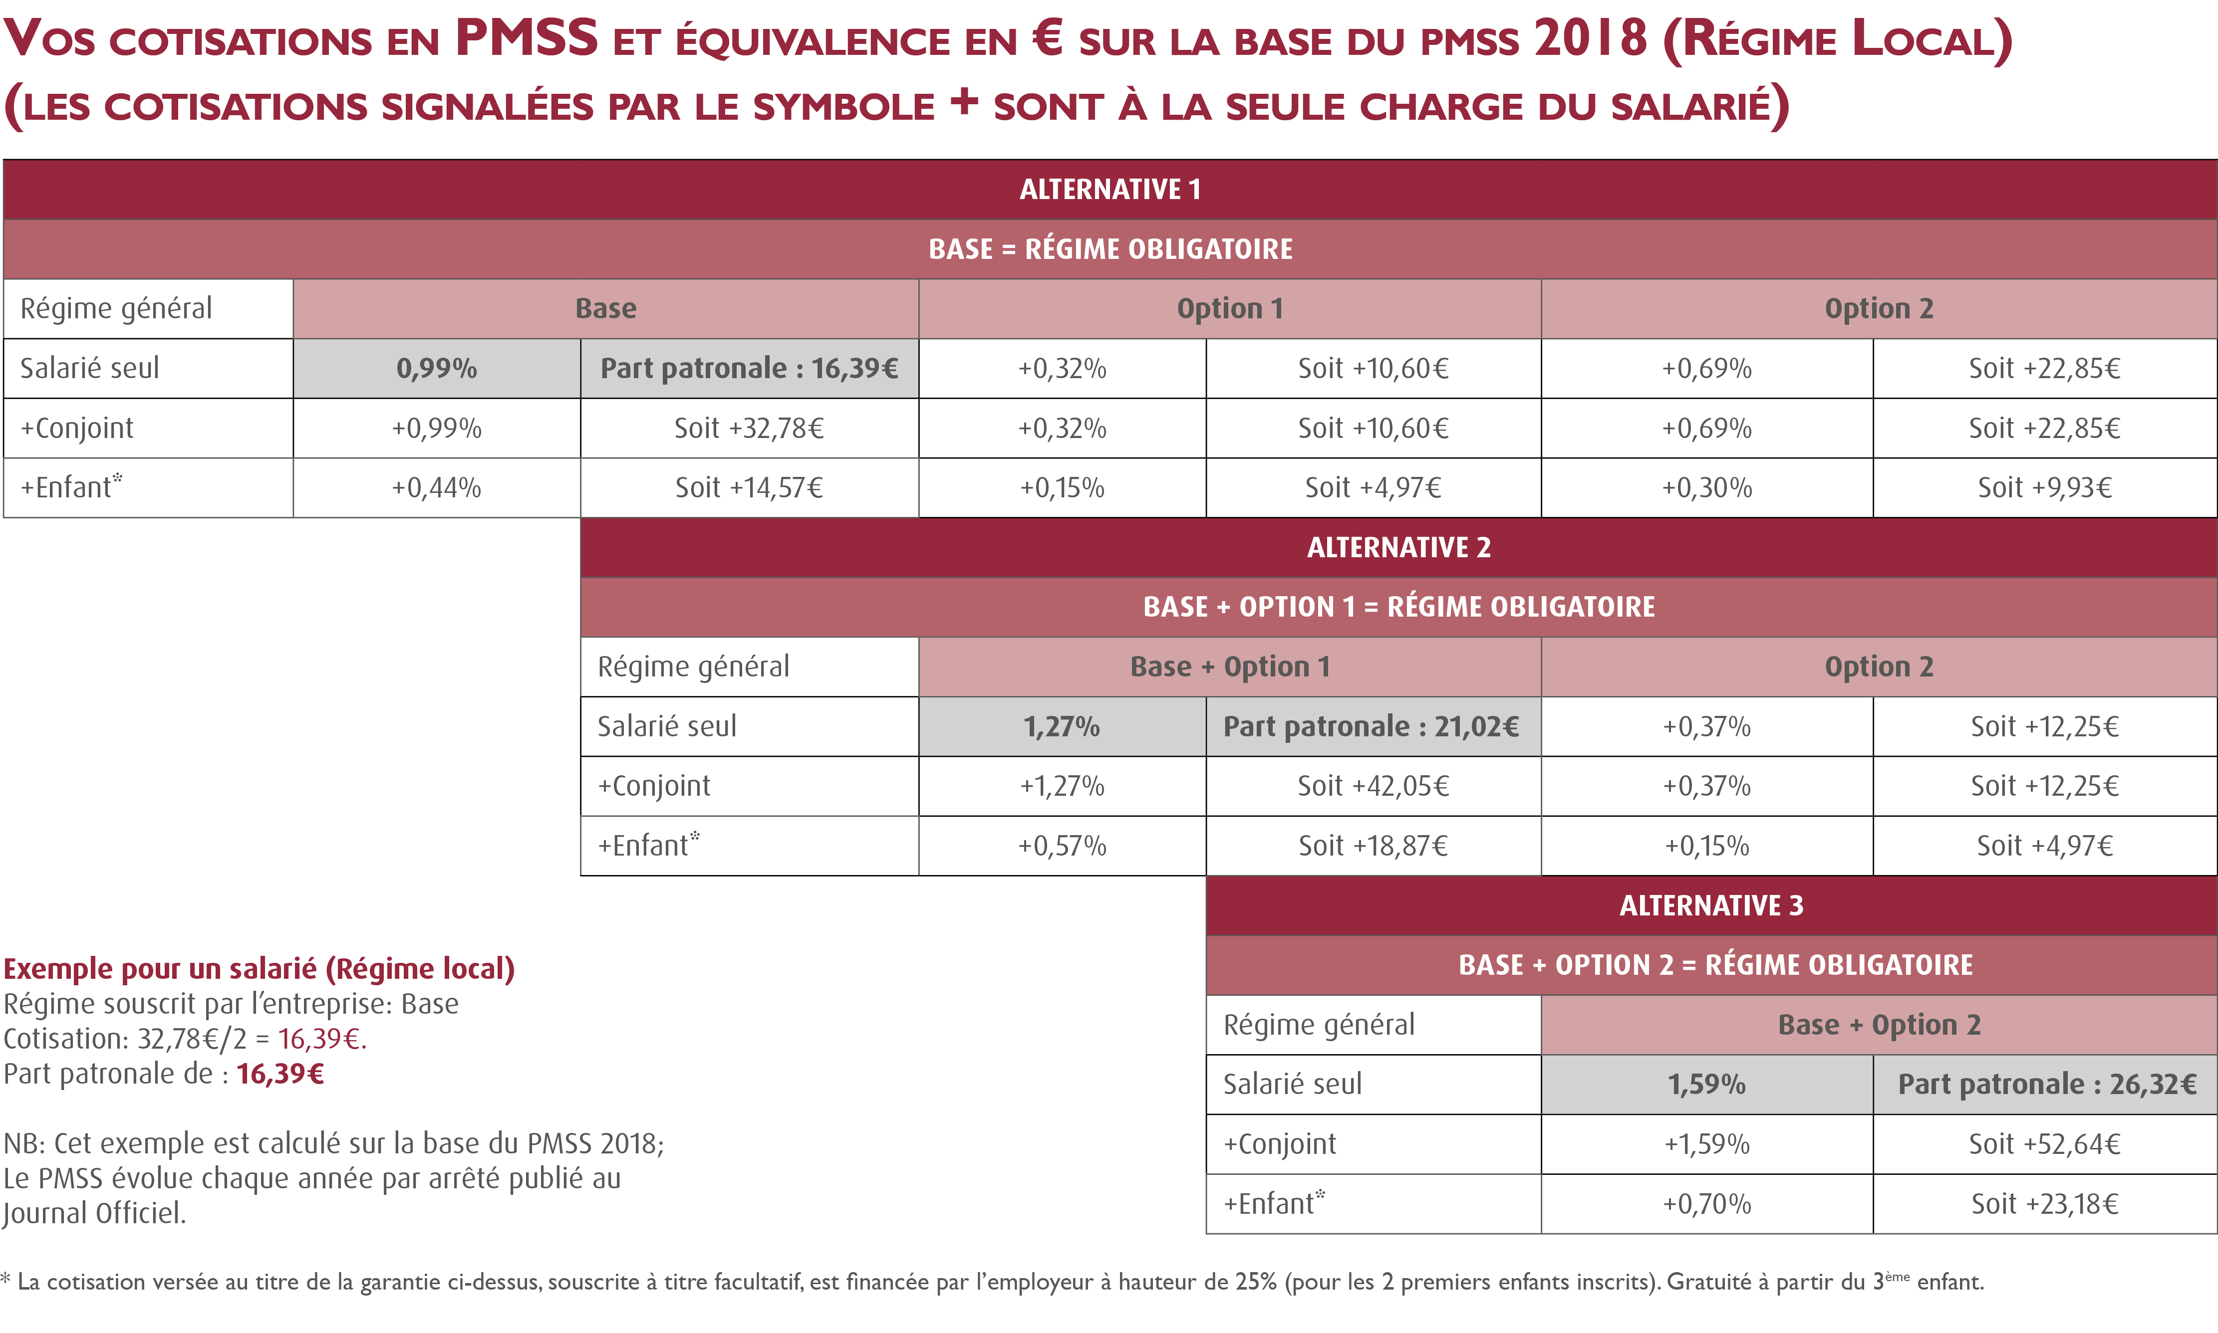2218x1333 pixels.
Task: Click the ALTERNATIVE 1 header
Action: pos(1110,190)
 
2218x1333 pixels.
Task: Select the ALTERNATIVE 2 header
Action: pos(1398,547)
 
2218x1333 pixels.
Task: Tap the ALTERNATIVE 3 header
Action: pos(1711,905)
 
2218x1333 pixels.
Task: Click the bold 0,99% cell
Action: pos(437,368)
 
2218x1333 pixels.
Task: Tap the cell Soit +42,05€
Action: pos(1373,786)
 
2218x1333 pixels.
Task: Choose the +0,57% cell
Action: pos(1062,845)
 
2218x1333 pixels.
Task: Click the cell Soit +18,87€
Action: pos(1373,845)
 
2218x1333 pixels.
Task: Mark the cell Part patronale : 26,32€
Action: pos(2045,1084)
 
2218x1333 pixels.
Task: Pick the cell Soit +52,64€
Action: pos(2045,1144)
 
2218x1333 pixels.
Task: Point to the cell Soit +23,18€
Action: pos(2045,1204)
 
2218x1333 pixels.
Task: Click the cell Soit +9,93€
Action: pos(2045,488)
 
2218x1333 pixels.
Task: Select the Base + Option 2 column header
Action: pos(1879,1025)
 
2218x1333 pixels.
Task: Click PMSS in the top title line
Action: pos(527,38)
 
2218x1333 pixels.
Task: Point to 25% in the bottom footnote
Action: pos(1256,1282)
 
